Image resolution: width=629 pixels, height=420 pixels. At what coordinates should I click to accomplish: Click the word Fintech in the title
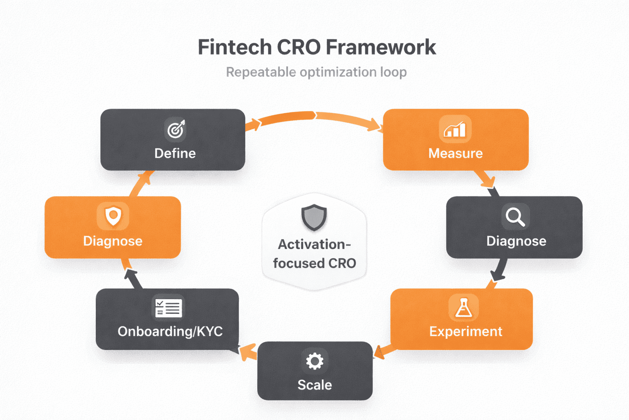(234, 47)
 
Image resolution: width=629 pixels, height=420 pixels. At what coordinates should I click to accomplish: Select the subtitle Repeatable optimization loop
(316, 72)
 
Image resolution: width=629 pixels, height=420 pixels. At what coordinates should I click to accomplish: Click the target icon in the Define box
(176, 129)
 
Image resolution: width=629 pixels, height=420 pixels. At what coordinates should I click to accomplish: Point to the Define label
(175, 153)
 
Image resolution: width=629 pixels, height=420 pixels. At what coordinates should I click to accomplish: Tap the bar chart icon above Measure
(455, 129)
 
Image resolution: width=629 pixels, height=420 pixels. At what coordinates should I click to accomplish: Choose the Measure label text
(455, 153)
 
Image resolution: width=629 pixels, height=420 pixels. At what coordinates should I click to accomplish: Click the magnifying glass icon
(515, 217)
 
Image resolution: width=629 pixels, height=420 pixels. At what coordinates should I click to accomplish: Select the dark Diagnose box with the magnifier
(514, 228)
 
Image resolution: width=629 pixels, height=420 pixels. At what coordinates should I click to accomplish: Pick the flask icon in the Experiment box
(464, 307)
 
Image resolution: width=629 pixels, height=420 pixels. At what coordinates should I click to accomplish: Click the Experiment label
(466, 331)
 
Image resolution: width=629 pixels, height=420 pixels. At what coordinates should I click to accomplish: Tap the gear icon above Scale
(314, 361)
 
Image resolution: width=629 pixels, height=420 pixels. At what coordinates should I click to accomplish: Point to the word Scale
(314, 385)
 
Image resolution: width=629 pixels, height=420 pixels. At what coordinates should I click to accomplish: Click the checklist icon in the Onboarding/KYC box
(168, 307)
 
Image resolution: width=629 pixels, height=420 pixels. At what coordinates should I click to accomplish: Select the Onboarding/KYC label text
(170, 331)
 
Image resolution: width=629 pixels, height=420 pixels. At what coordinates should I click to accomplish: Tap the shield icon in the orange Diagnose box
(113, 216)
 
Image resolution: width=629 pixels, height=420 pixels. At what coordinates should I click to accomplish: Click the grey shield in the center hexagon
(314, 217)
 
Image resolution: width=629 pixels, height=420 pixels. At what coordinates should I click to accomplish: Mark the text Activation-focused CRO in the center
(314, 253)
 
